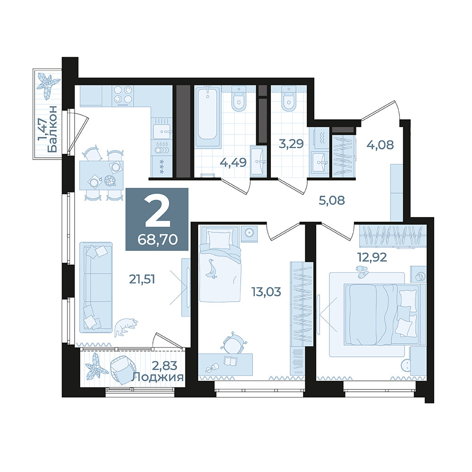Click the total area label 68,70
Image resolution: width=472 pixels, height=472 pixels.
[x=158, y=240]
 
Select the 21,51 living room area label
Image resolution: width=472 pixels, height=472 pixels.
[x=142, y=279]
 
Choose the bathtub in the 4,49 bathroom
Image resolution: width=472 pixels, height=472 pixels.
[x=208, y=116]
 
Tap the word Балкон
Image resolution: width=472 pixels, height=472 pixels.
[x=52, y=129]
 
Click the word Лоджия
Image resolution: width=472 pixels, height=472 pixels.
[x=158, y=377]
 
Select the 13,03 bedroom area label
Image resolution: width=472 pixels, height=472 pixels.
[x=266, y=292]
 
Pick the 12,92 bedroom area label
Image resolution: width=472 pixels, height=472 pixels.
[x=372, y=257]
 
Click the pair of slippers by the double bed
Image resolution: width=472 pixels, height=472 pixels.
[x=362, y=272]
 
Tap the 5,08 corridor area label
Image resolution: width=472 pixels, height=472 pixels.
[x=332, y=200]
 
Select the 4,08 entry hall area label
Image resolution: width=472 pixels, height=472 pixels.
[x=380, y=145]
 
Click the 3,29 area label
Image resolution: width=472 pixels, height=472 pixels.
[x=291, y=144]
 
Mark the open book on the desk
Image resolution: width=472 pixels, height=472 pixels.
[x=231, y=360]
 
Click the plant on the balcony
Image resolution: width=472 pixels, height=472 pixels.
[x=48, y=86]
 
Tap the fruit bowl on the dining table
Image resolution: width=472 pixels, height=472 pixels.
[x=110, y=181]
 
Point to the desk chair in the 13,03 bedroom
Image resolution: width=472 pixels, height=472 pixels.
[x=234, y=342]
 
